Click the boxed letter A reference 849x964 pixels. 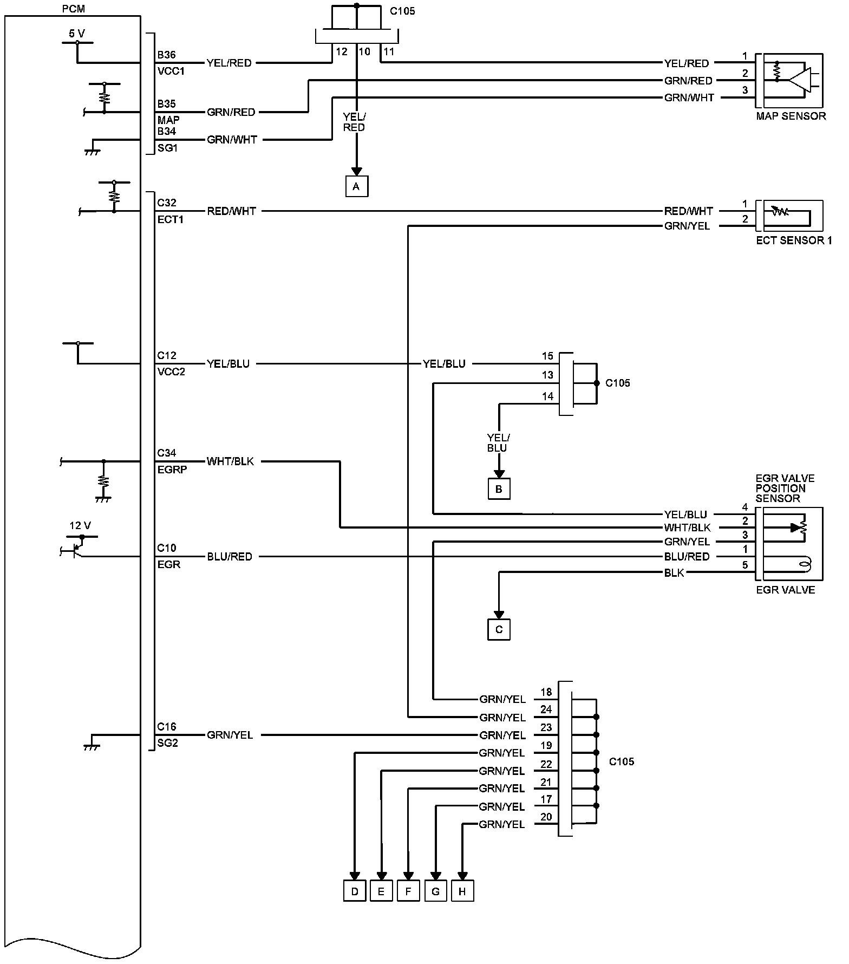356,187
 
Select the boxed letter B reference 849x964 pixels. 499,489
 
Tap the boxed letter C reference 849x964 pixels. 499,629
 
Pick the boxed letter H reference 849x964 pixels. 462,891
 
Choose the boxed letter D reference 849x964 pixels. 355,891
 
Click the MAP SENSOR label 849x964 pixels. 791,116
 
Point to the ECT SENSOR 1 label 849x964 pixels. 794,240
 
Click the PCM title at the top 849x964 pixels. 74,9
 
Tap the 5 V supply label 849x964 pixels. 77,34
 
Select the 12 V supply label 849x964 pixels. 80,525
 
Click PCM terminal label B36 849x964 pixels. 166,55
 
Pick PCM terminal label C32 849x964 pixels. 166,203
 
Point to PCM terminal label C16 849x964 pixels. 166,727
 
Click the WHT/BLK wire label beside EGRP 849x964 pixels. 230,461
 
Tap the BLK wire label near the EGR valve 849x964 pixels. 674,573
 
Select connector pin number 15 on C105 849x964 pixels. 547,356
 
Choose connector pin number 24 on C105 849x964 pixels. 546,709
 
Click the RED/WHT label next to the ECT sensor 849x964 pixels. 688,211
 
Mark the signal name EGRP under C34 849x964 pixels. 172,470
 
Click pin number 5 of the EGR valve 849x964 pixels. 745,565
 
